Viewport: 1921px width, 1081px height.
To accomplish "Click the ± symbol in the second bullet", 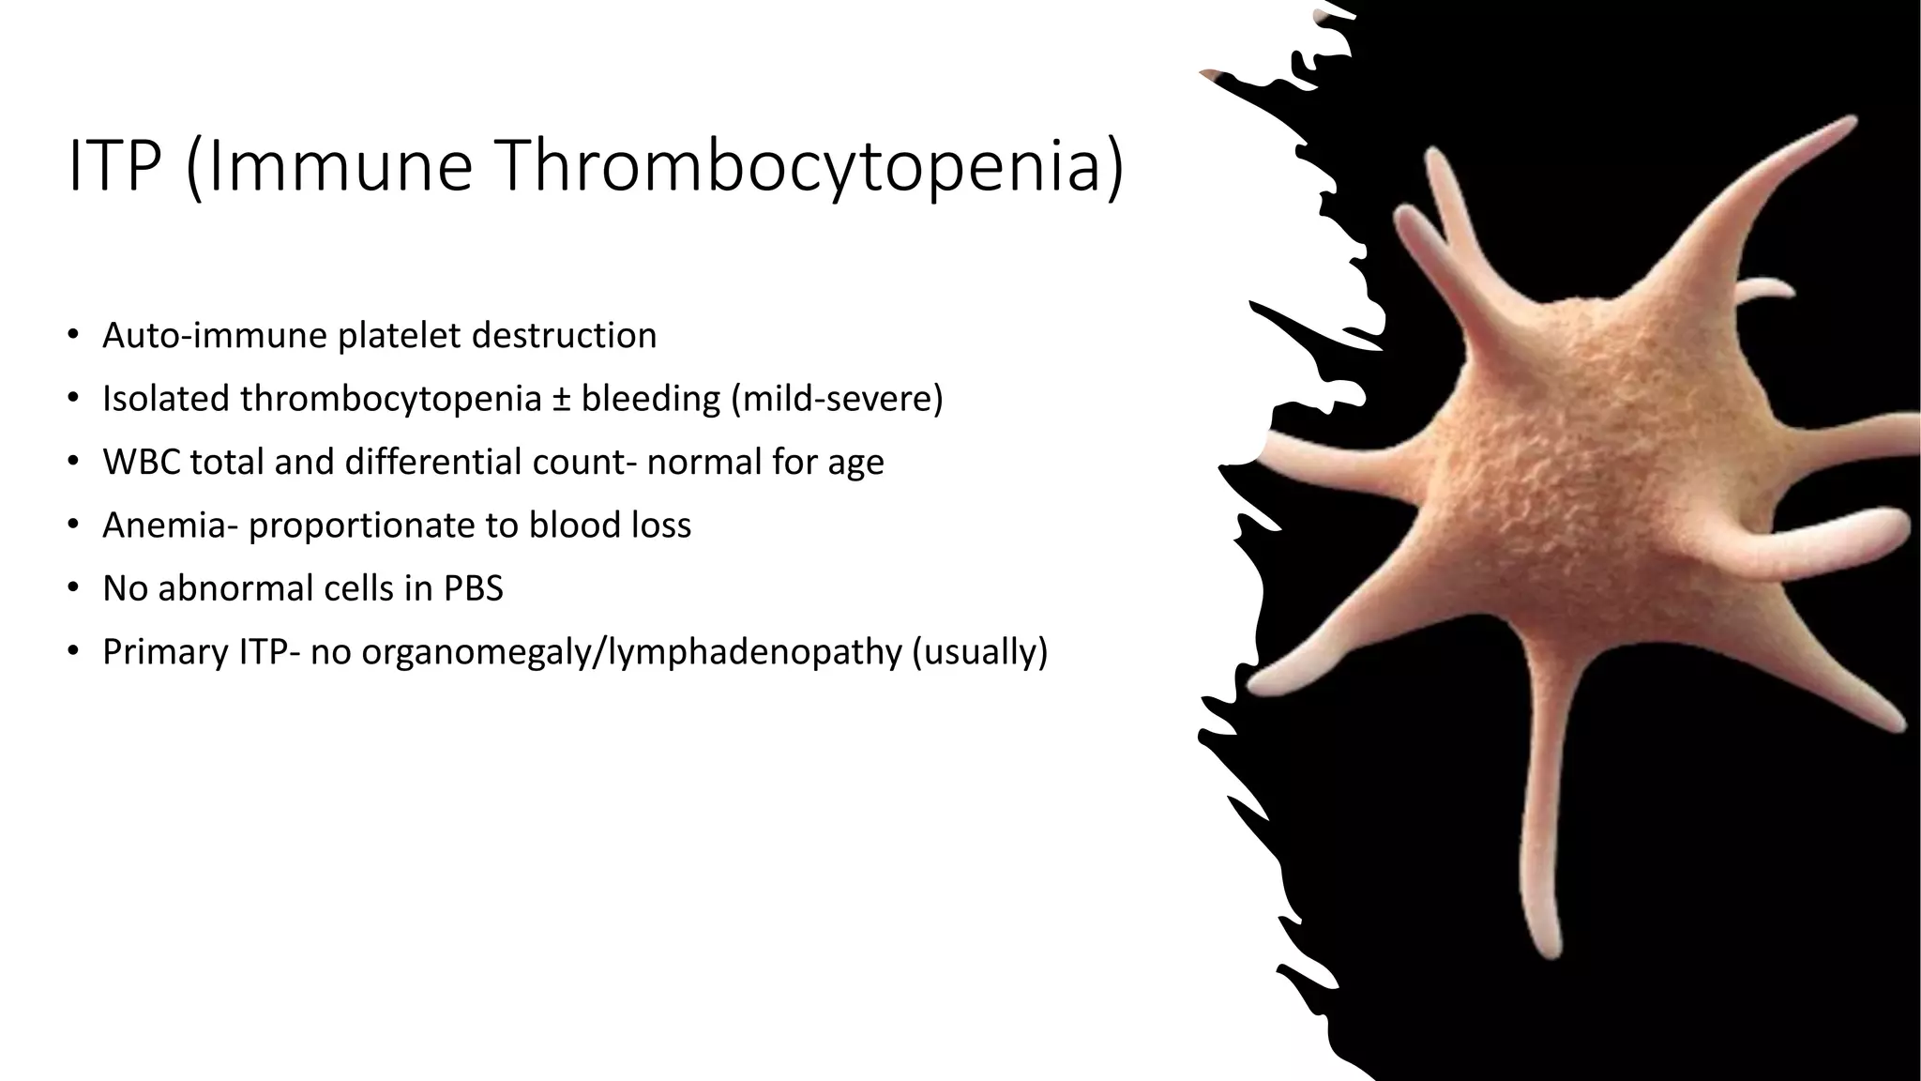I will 560,399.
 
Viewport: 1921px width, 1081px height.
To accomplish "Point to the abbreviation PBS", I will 474,588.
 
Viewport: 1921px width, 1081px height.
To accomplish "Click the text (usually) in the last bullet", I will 979,652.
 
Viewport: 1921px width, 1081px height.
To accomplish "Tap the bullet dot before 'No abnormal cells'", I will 73,588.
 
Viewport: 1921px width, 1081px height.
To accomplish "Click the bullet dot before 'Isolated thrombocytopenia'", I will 73,399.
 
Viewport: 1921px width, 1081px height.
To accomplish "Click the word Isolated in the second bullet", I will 166,399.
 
